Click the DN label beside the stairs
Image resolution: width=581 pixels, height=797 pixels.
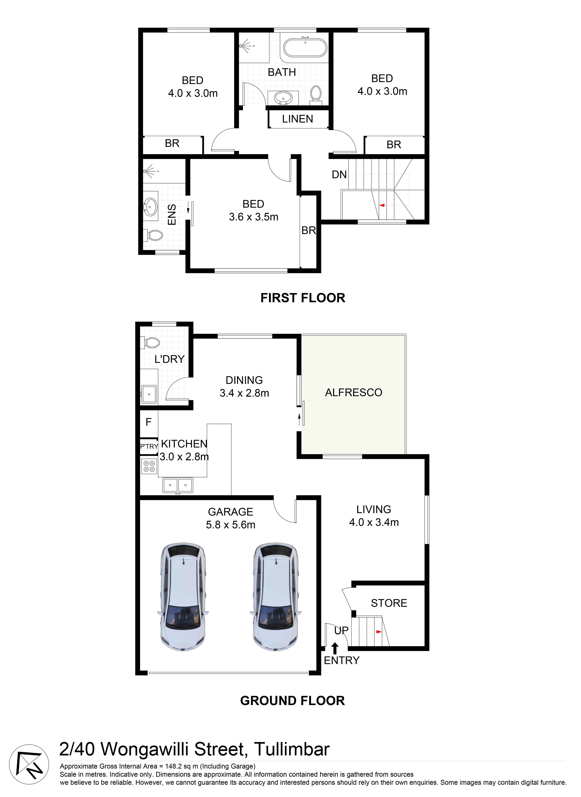click(339, 174)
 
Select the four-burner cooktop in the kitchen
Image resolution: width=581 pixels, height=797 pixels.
click(149, 466)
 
